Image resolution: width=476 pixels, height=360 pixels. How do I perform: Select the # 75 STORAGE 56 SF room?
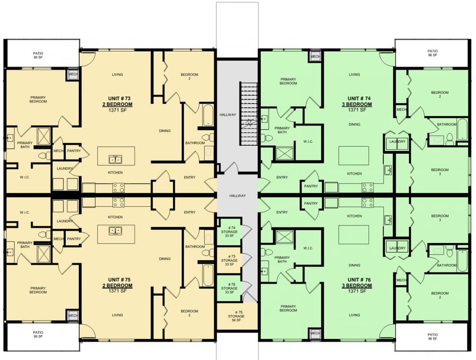pyautogui.click(x=229, y=316)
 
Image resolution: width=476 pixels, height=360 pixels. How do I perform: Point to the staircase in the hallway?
pyautogui.click(x=249, y=114)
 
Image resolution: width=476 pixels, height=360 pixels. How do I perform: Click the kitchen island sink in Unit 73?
pyautogui.click(x=115, y=159)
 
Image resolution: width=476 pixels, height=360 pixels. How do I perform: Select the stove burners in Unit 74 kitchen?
pyautogui.click(x=367, y=187)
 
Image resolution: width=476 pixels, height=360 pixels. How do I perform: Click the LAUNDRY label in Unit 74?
pyautogui.click(x=397, y=142)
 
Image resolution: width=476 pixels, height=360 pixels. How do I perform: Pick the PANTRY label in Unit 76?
pyautogui.click(x=311, y=203)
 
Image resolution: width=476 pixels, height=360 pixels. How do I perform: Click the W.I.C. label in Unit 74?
pyautogui.click(x=307, y=141)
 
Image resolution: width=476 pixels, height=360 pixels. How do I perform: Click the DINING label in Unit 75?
pyautogui.click(x=165, y=258)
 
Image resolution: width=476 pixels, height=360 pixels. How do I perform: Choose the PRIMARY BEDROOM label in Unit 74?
pyautogui.click(x=288, y=81)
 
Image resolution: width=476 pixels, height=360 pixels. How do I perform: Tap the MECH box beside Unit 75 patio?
pyautogui.click(x=73, y=316)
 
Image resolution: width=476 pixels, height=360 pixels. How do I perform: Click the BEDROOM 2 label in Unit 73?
pyautogui.click(x=189, y=76)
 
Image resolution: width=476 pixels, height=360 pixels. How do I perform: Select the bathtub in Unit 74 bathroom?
pyautogui.click(x=462, y=128)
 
